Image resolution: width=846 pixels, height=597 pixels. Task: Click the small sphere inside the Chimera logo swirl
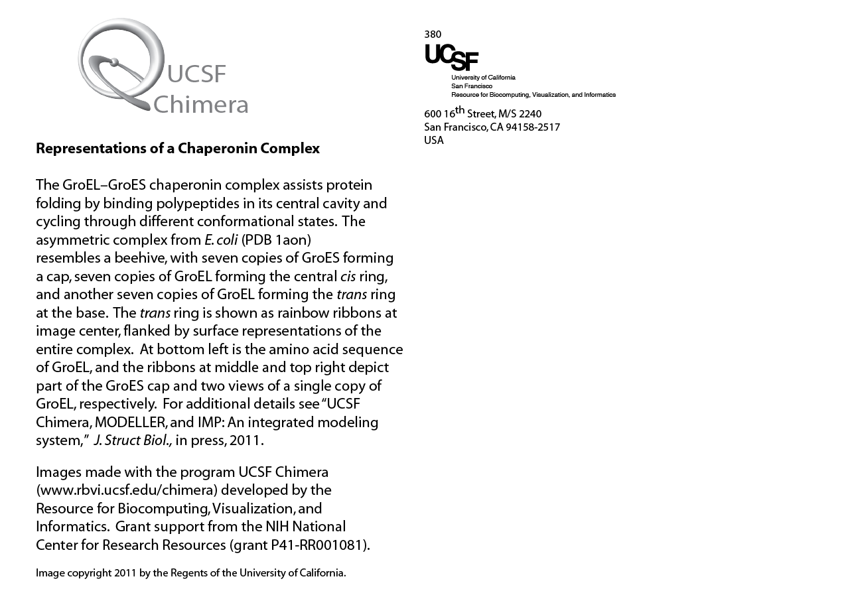(114, 62)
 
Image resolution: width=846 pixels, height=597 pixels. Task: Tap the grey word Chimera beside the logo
(200, 105)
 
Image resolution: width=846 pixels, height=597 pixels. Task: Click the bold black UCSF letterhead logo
(451, 57)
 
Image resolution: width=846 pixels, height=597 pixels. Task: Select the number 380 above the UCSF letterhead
(433, 34)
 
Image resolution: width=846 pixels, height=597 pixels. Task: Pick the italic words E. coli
(221, 239)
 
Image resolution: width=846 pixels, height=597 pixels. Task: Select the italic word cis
(348, 276)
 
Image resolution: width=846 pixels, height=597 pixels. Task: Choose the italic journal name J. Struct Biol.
(133, 440)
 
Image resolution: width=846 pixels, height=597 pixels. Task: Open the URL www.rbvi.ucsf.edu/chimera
(127, 490)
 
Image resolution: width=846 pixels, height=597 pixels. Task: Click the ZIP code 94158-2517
(533, 127)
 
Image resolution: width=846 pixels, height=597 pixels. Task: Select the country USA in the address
(434, 141)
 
